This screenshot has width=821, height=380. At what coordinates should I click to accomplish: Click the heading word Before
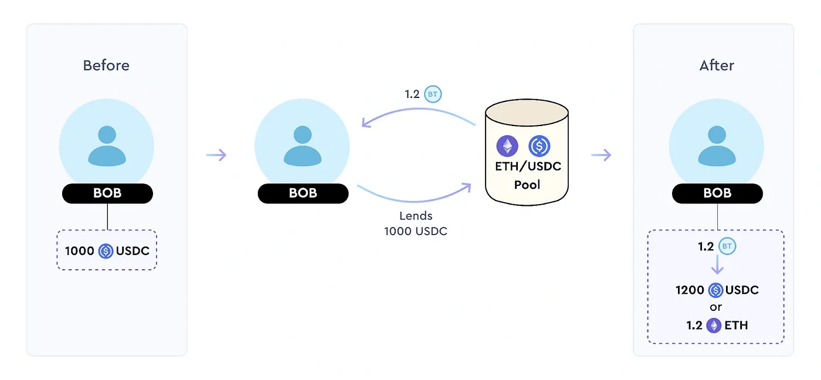pyautogui.click(x=106, y=65)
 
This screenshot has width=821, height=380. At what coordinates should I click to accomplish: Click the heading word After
pyautogui.click(x=716, y=65)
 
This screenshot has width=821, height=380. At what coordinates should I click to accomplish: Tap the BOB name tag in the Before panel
pyautogui.click(x=107, y=194)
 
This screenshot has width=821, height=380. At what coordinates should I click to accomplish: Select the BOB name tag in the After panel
pyautogui.click(x=717, y=194)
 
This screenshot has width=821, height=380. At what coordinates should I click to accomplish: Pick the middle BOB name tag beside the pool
pyautogui.click(x=303, y=194)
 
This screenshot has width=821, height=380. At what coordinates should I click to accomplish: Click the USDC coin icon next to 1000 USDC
pyautogui.click(x=106, y=251)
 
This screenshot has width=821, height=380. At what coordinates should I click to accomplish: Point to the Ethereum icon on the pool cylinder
pyautogui.click(x=507, y=146)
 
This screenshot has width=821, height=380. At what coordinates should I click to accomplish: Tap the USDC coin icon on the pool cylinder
pyautogui.click(x=539, y=146)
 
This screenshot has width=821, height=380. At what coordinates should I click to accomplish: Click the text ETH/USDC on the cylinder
pyautogui.click(x=527, y=166)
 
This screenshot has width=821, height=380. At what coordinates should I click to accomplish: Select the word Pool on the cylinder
pyautogui.click(x=527, y=185)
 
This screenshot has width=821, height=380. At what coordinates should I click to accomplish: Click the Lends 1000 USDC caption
pyautogui.click(x=415, y=224)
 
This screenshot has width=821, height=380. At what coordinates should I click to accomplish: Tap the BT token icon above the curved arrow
pyautogui.click(x=432, y=94)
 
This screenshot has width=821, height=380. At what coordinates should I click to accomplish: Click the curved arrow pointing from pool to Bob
pyautogui.click(x=416, y=111)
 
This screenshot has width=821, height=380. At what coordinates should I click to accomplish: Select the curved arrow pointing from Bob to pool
pyautogui.click(x=416, y=195)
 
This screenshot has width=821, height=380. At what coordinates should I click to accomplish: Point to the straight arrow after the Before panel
pyautogui.click(x=216, y=155)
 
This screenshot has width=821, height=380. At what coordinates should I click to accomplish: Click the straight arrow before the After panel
pyautogui.click(x=601, y=155)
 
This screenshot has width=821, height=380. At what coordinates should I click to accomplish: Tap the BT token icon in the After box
pyautogui.click(x=727, y=247)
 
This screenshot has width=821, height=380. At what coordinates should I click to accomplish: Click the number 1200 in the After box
pyautogui.click(x=690, y=290)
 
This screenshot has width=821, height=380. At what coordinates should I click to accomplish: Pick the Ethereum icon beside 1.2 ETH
pyautogui.click(x=714, y=325)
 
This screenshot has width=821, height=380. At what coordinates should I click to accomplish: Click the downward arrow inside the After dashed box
pyautogui.click(x=717, y=267)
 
